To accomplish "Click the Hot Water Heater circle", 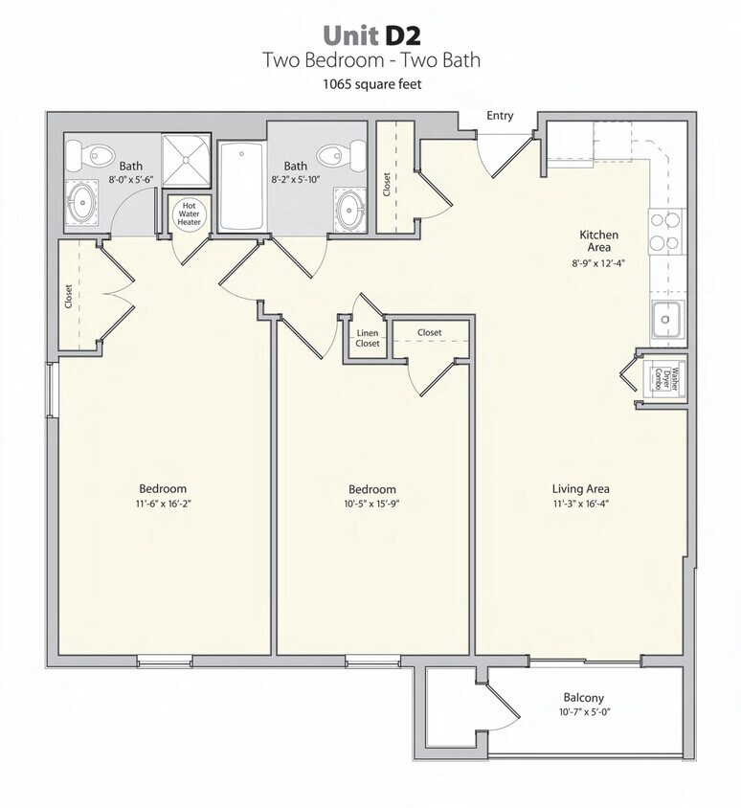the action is pos(190,213).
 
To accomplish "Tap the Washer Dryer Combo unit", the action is pos(664,379).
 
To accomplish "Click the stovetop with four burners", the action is pos(666,232).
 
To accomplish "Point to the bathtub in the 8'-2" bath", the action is pos(241,187).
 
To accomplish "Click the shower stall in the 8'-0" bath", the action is pos(186,160).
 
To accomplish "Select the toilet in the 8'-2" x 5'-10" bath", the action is pos(339,153).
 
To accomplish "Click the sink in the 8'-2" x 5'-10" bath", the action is pos(351,210).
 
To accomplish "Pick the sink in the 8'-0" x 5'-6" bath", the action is pos(81,203).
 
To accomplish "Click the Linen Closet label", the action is pos(368,338).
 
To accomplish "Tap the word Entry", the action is pos(500,116).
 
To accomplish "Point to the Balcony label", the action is pos(583,698).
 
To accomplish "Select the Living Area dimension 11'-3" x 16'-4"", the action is pos(581,504).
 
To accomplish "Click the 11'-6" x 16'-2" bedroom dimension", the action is pos(164,504).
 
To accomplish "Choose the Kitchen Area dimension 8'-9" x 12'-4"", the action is pos(598,262).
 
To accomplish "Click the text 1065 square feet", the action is pos(372,84).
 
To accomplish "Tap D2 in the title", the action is pos(402,35).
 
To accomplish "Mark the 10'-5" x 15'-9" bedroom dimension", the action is pos(372,504).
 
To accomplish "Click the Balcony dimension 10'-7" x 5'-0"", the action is pos(583,712).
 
